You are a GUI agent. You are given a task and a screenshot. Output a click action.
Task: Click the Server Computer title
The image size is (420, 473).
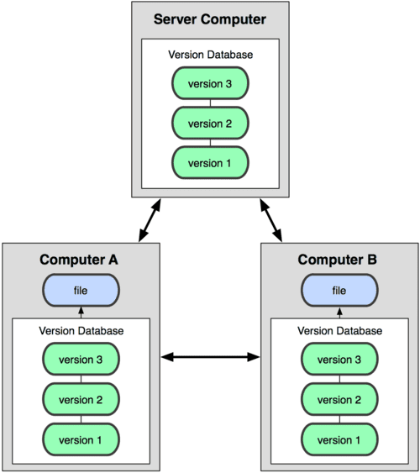(210, 19)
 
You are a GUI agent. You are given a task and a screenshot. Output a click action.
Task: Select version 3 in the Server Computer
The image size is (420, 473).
(210, 85)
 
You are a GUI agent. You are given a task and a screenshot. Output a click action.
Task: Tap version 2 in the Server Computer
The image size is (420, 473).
(210, 123)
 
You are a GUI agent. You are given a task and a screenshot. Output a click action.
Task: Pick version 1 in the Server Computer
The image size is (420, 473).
(210, 161)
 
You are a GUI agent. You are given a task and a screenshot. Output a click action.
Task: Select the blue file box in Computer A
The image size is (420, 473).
(81, 291)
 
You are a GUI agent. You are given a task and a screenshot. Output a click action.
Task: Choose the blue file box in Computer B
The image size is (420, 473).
(339, 291)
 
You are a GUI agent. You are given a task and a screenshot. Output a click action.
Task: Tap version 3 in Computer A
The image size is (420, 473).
(81, 360)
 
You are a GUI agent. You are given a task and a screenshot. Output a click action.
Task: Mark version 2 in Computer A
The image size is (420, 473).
(81, 399)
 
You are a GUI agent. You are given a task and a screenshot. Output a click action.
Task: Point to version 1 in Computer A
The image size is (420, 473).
(81, 438)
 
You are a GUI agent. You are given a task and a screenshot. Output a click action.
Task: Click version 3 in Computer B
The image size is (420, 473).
(339, 360)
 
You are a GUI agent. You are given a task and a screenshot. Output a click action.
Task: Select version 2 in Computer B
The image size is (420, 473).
(339, 399)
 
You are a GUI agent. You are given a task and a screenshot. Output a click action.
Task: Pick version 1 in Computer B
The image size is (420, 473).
(339, 438)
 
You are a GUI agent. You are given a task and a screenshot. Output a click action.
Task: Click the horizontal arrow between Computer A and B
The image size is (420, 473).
(210, 358)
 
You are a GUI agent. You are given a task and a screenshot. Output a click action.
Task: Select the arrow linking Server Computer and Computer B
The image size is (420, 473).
(270, 221)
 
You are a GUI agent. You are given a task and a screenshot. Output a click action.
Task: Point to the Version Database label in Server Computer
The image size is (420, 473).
(210, 55)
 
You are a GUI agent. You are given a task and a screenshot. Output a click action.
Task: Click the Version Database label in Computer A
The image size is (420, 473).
(81, 331)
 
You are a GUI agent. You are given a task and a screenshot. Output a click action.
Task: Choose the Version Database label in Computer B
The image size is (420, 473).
(339, 331)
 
